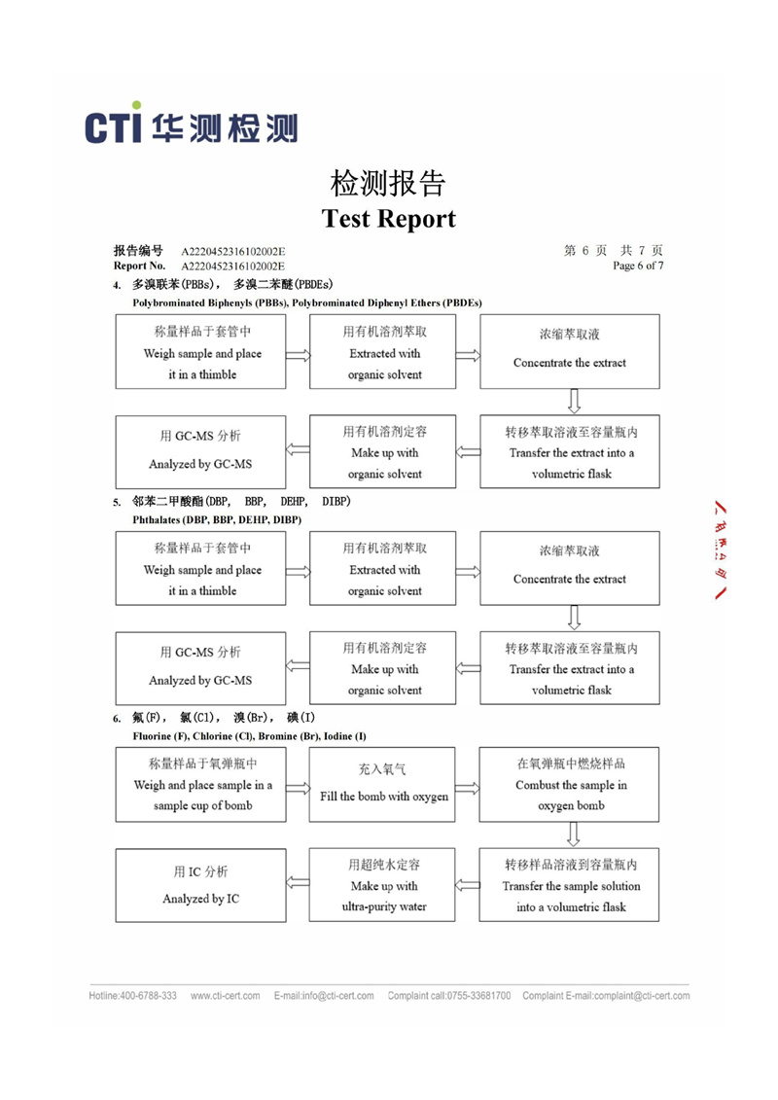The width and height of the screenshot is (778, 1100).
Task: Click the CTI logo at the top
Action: pyautogui.click(x=191, y=124)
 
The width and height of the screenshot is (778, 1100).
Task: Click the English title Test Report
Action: pyautogui.click(x=389, y=219)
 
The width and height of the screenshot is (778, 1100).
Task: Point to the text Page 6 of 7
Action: pyautogui.click(x=638, y=266)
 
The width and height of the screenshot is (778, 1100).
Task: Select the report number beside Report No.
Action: pyautogui.click(x=232, y=266)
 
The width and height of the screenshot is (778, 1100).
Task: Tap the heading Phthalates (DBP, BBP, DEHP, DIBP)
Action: pyautogui.click(x=217, y=519)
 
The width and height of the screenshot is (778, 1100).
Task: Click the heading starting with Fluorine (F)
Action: pyautogui.click(x=249, y=736)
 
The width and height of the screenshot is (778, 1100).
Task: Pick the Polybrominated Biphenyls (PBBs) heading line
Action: pyautogui.click(x=307, y=303)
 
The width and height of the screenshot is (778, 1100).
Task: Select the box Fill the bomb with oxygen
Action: pyautogui.click(x=382, y=784)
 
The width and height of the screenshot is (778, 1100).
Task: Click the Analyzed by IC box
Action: pyautogui.click(x=200, y=885)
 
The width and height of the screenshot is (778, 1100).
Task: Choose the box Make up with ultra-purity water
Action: pyautogui.click(x=382, y=885)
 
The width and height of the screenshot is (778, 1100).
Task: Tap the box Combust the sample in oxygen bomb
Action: pyautogui.click(x=569, y=784)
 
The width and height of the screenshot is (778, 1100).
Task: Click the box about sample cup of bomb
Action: pyautogui.click(x=200, y=784)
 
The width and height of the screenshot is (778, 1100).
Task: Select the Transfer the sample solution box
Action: pyautogui.click(x=569, y=885)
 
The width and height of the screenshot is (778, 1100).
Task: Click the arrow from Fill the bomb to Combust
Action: pyautogui.click(x=467, y=788)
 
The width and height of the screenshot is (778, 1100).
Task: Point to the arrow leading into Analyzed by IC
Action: pyautogui.click(x=298, y=882)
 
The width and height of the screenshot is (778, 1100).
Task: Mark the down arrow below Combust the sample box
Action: pyautogui.click(x=573, y=834)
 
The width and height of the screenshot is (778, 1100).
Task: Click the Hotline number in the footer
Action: pyautogui.click(x=132, y=996)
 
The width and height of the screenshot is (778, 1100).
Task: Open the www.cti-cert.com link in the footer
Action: pyautogui.click(x=226, y=996)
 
